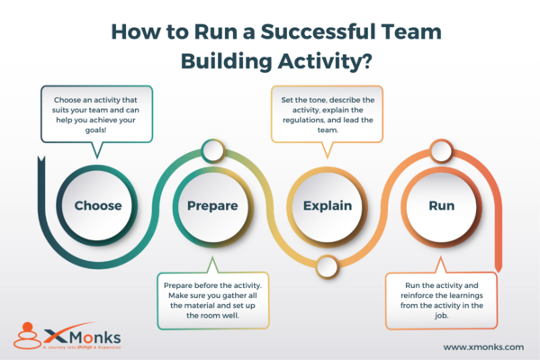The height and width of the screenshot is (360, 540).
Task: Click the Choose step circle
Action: click(98, 205)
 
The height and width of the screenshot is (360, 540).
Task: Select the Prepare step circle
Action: click(212, 205)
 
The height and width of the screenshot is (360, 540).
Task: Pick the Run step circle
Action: click(441, 205)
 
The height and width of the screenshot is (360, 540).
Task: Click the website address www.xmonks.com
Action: click(484, 346)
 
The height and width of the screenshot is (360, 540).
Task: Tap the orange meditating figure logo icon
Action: click(28, 337)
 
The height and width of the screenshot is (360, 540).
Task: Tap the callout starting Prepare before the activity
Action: click(212, 300)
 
